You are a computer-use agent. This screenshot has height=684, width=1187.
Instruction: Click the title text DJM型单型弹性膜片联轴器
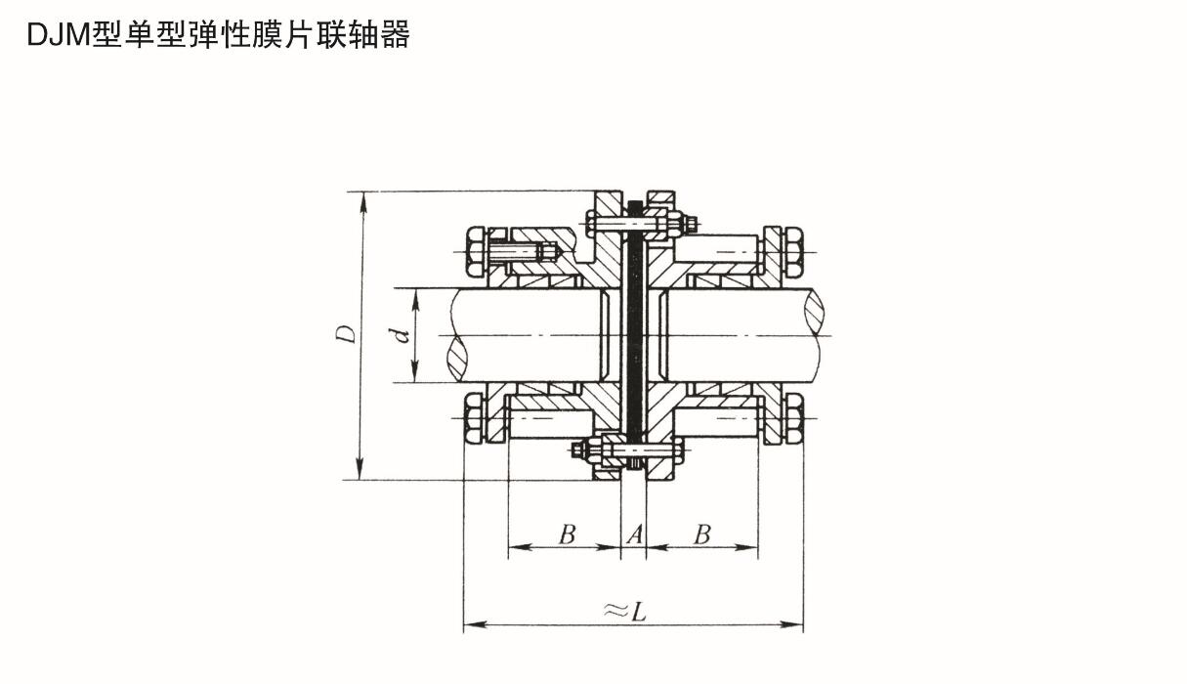[x=218, y=35]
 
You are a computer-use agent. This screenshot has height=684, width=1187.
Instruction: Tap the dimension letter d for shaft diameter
[x=399, y=336]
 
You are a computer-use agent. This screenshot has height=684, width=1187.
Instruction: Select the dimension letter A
[x=634, y=534]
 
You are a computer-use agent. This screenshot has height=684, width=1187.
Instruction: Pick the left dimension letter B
[x=567, y=534]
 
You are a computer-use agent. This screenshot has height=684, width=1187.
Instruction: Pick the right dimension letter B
[x=701, y=534]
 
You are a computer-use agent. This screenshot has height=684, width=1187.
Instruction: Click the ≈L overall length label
[x=625, y=611]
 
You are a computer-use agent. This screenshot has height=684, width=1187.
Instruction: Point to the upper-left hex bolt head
[x=474, y=251]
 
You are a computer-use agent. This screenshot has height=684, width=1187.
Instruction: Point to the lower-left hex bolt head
[x=474, y=418]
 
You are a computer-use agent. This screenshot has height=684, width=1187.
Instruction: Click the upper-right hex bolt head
[x=793, y=251]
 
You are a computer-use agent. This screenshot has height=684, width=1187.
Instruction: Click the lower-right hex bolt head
[x=793, y=418]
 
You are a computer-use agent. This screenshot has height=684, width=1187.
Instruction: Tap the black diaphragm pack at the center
[x=635, y=332]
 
